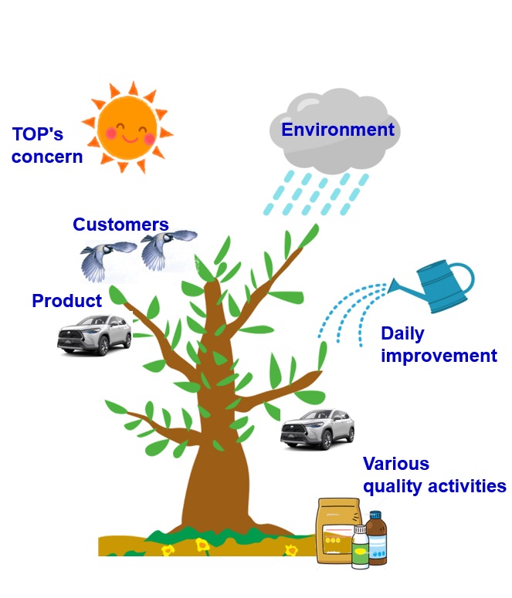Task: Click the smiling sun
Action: tap(127, 127)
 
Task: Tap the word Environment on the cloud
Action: tap(337, 130)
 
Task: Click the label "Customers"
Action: tap(120, 225)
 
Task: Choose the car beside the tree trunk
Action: tap(317, 429)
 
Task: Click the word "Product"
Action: tap(66, 301)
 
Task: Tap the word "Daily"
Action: tap(402, 334)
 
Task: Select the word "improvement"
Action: tap(439, 356)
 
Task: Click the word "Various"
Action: tap(395, 465)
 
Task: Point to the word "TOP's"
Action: tap(37, 135)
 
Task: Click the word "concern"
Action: tap(46, 157)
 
